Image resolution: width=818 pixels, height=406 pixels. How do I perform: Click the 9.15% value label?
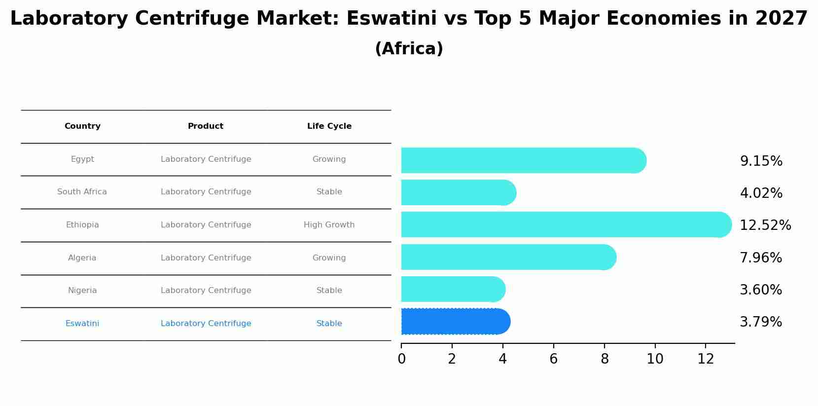point(761,161)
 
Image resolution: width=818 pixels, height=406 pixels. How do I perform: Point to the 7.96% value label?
point(761,258)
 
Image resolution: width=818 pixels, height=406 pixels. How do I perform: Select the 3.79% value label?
point(761,322)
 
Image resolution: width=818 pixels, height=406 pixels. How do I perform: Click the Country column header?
point(82,126)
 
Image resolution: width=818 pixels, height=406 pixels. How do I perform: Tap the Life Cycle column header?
point(329,126)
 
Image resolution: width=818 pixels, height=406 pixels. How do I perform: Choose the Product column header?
point(206,126)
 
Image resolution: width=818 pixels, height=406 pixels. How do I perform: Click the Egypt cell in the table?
point(82,159)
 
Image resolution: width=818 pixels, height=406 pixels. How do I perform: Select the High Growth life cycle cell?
point(329,225)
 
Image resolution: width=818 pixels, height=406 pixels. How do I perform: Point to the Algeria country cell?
point(82,258)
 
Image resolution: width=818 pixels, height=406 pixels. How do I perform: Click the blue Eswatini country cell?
point(82,324)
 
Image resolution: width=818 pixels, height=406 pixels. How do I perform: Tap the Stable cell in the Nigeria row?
point(329,291)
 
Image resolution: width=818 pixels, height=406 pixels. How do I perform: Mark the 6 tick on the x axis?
point(553,359)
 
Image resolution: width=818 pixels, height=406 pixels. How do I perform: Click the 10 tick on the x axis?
point(655,359)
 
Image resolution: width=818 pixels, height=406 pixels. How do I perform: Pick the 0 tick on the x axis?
point(401,359)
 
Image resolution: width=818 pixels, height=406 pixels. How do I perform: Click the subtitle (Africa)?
point(409,49)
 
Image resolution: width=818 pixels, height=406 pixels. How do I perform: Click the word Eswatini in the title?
point(391,19)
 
